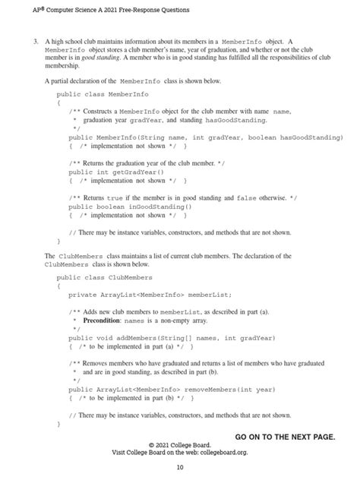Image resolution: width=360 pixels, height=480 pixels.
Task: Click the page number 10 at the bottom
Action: click(179, 466)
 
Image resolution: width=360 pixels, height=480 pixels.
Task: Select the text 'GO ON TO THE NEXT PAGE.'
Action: click(285, 437)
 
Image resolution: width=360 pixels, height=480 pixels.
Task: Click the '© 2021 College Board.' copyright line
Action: click(179, 444)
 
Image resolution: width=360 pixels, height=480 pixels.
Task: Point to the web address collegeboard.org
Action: click(220, 452)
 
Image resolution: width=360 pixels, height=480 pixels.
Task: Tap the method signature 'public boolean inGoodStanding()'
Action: click(130, 206)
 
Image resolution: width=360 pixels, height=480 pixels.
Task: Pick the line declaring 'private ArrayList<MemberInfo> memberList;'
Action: click(150, 294)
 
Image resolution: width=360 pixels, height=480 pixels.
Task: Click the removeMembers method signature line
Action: click(169, 389)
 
